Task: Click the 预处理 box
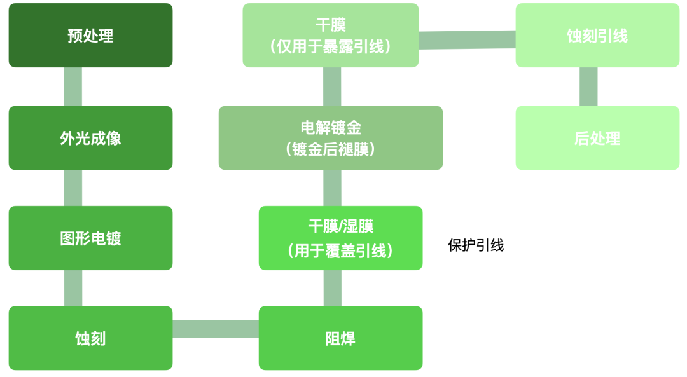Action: point(90,36)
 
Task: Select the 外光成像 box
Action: point(90,138)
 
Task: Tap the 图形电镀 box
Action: point(90,238)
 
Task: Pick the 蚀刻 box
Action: point(90,338)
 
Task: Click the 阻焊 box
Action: point(340,338)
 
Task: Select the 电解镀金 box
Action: point(331,128)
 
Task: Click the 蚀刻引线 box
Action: point(597,36)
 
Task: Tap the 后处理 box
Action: point(597,138)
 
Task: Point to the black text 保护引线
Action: point(476,245)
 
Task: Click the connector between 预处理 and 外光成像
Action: point(73,86)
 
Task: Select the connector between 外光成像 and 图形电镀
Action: point(73,188)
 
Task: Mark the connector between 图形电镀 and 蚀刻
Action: point(73,288)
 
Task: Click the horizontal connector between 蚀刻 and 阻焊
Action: point(216,329)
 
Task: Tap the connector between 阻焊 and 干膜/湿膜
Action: point(332,288)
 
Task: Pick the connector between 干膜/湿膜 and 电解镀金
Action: point(332,188)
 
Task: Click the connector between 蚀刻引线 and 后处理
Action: point(588,86)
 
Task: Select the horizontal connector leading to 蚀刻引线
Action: point(467,39)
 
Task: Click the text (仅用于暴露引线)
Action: point(331,46)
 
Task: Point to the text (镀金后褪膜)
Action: point(331,149)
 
